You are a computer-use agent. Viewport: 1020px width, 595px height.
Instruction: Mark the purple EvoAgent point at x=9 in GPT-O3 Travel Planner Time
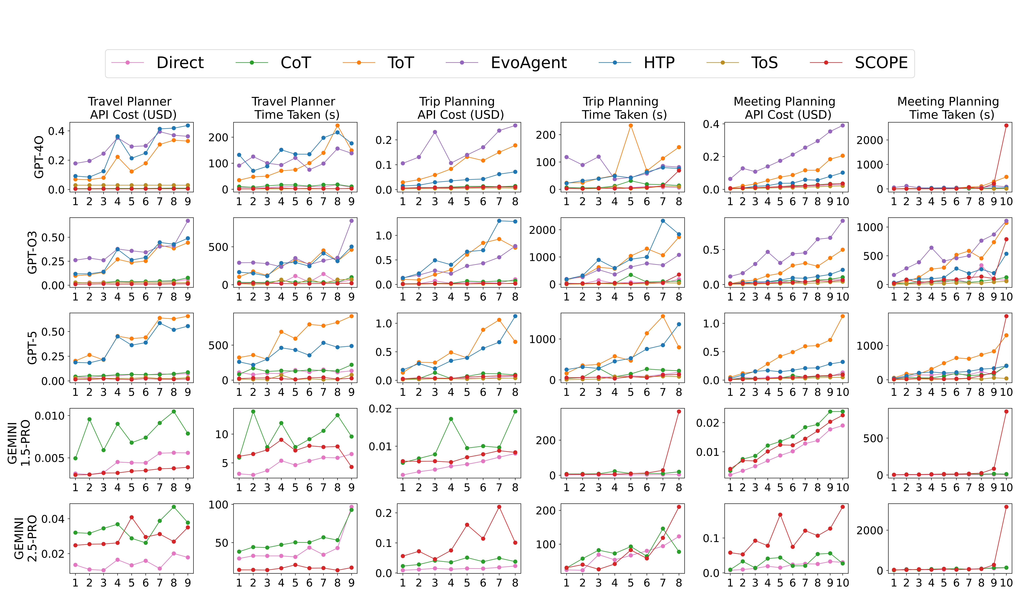(x=351, y=221)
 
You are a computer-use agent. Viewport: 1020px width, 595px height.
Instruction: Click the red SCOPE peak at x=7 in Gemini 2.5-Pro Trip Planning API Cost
(x=499, y=507)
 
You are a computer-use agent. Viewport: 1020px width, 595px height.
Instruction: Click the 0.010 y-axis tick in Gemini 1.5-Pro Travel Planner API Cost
(x=49, y=416)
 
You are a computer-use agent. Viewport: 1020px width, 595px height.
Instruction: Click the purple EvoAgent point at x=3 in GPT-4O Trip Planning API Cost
(x=435, y=132)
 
